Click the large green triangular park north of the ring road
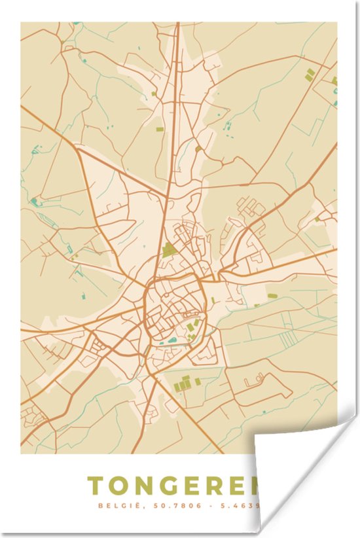coord(170,250)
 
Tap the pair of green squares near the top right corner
coord(309,75)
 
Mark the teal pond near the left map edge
coord(34,200)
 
